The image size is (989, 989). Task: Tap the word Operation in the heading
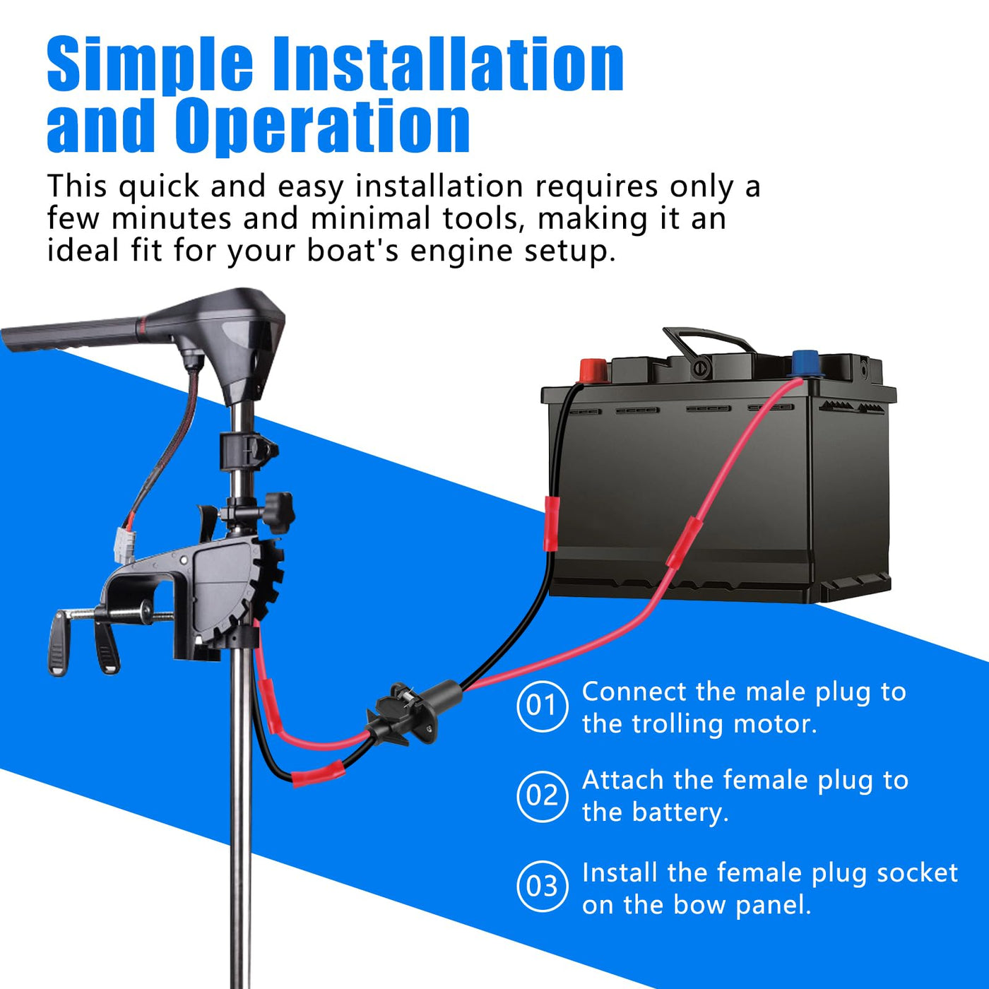point(322,126)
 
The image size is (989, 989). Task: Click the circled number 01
point(542,706)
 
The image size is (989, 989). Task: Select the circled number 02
point(542,796)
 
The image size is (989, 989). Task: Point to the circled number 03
point(542,887)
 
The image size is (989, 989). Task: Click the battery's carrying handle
point(709,342)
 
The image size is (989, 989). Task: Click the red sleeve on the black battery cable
point(550,523)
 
